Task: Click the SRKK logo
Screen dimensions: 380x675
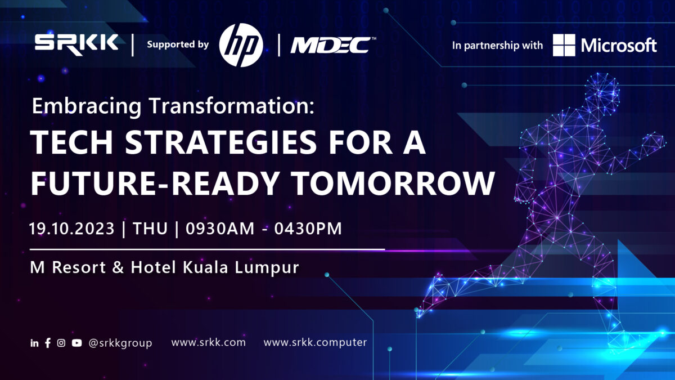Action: (x=76, y=43)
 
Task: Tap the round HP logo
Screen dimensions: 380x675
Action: (x=241, y=44)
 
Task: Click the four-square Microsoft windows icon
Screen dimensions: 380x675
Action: (x=564, y=45)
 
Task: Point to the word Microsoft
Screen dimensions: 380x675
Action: (x=619, y=45)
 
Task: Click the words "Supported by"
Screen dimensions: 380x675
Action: (x=178, y=44)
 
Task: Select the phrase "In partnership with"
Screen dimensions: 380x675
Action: (x=497, y=45)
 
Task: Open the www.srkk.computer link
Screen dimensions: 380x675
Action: (x=315, y=342)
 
